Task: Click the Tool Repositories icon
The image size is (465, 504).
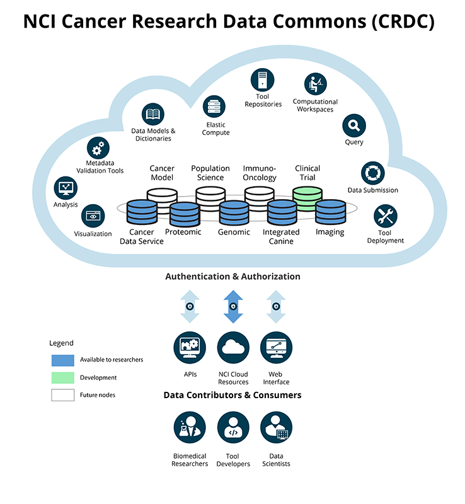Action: pos(262,80)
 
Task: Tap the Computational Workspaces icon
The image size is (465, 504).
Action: pos(315,84)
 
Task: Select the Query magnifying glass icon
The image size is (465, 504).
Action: pos(353,125)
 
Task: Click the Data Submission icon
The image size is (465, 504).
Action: pos(372,173)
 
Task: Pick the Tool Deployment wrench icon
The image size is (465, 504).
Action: pos(385,216)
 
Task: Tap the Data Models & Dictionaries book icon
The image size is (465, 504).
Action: pos(153,115)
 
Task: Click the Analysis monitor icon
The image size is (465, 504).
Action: pos(66,188)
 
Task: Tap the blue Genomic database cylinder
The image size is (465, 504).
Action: pos(234,213)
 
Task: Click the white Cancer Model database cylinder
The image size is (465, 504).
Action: pos(161,197)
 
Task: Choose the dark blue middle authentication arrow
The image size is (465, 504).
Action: pos(233,307)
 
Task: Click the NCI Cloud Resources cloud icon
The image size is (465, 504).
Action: pos(233,347)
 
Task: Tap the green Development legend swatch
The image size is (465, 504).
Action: pos(63,378)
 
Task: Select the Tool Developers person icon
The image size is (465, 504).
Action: pos(233,428)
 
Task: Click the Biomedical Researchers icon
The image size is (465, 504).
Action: pos(189,428)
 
